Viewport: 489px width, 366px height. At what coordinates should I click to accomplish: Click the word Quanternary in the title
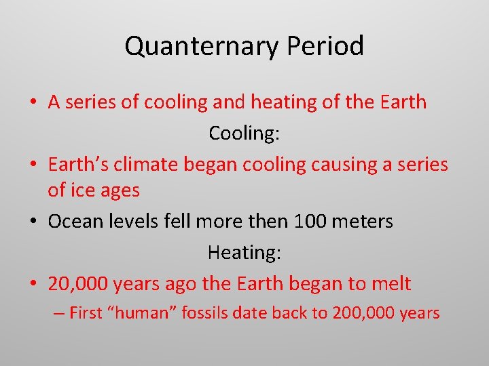click(202, 46)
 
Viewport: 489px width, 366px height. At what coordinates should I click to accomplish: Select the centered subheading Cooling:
click(244, 133)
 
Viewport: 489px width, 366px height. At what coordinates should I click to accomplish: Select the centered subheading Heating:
click(244, 253)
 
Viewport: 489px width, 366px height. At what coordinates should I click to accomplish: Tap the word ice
click(81, 190)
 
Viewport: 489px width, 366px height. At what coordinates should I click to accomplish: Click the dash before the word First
click(59, 313)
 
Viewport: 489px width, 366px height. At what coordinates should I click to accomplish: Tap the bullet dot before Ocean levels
click(33, 222)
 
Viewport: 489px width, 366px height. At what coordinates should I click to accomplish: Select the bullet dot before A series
click(33, 102)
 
